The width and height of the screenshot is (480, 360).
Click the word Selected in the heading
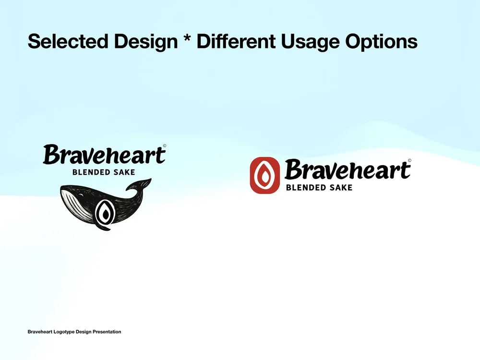[68, 42]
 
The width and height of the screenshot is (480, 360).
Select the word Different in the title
[236, 42]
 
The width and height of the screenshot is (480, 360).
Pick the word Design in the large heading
[145, 42]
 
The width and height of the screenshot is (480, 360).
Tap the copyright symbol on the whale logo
[165, 146]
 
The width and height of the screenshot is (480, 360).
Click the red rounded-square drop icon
[264, 175]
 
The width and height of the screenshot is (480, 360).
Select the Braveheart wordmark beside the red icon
[347, 170]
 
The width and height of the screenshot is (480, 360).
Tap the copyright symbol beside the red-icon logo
[409, 161]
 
